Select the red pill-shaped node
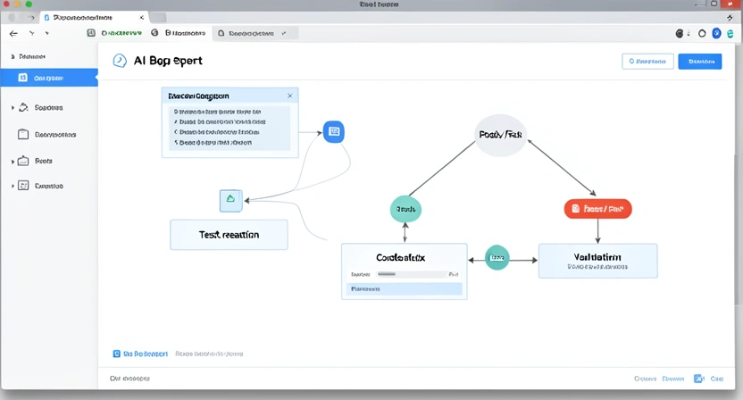[597, 209]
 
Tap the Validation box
[597, 260]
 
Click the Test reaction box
[229, 234]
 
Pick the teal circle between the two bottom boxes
[497, 258]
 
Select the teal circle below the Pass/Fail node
[406, 209]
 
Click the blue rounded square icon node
[333, 131]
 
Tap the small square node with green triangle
[230, 200]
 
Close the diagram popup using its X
[289, 96]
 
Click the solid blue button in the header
[699, 62]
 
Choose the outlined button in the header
[647, 62]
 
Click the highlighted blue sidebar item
[49, 78]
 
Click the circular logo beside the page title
[120, 61]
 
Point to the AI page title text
[167, 61]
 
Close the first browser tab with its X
[141, 18]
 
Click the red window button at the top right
[727, 4]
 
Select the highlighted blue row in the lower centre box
[404, 289]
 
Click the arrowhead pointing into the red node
[593, 193]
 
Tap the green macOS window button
[29, 4]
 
